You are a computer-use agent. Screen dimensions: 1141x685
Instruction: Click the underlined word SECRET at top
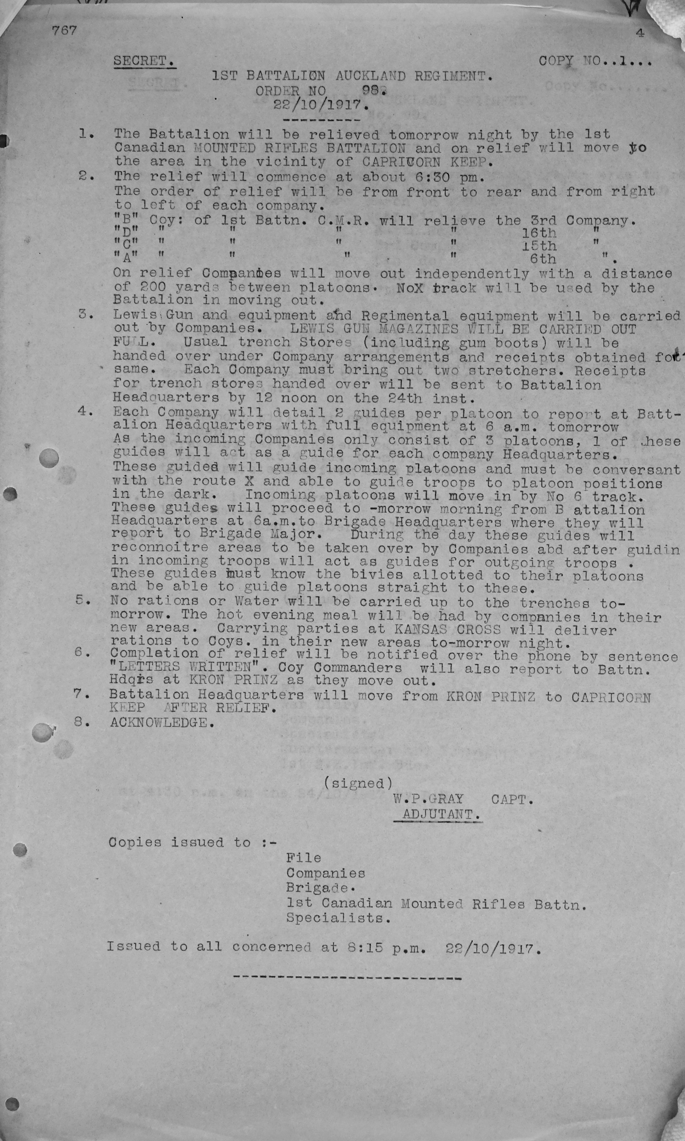point(144,61)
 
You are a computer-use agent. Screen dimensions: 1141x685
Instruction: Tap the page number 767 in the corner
point(64,30)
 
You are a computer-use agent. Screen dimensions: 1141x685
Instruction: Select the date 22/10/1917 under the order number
point(321,105)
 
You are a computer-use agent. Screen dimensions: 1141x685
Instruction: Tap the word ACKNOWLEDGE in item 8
point(162,722)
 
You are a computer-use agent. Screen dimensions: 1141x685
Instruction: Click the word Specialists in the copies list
point(338,918)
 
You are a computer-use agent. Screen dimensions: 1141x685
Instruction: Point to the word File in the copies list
point(303,858)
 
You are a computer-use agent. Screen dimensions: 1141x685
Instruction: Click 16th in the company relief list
point(539,233)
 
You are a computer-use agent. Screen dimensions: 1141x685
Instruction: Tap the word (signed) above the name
point(358,783)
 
